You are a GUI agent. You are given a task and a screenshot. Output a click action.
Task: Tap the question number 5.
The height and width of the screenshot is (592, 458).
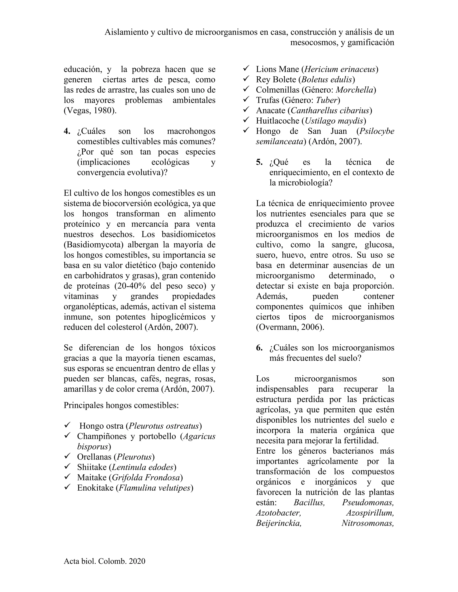(259, 162)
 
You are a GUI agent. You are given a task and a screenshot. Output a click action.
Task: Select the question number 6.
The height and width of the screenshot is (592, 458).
(259, 348)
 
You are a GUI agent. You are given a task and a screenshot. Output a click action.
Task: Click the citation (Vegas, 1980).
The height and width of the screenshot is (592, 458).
(90, 111)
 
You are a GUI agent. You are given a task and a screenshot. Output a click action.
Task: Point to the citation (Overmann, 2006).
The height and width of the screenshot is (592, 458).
(290, 327)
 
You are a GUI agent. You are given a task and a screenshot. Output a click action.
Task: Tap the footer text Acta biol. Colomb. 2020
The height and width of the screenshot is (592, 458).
(104, 561)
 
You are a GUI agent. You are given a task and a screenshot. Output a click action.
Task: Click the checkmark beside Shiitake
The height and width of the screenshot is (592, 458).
(67, 466)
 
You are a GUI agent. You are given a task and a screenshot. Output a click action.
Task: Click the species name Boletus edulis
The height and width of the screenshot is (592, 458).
(327, 80)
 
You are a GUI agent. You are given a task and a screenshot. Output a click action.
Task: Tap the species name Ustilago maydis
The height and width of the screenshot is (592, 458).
(334, 121)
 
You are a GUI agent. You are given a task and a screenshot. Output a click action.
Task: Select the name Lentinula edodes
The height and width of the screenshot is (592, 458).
(142, 467)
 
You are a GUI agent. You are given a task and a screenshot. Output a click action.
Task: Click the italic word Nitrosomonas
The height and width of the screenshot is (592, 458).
(367, 523)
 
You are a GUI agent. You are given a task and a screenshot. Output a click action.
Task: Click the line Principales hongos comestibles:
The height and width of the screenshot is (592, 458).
(121, 405)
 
